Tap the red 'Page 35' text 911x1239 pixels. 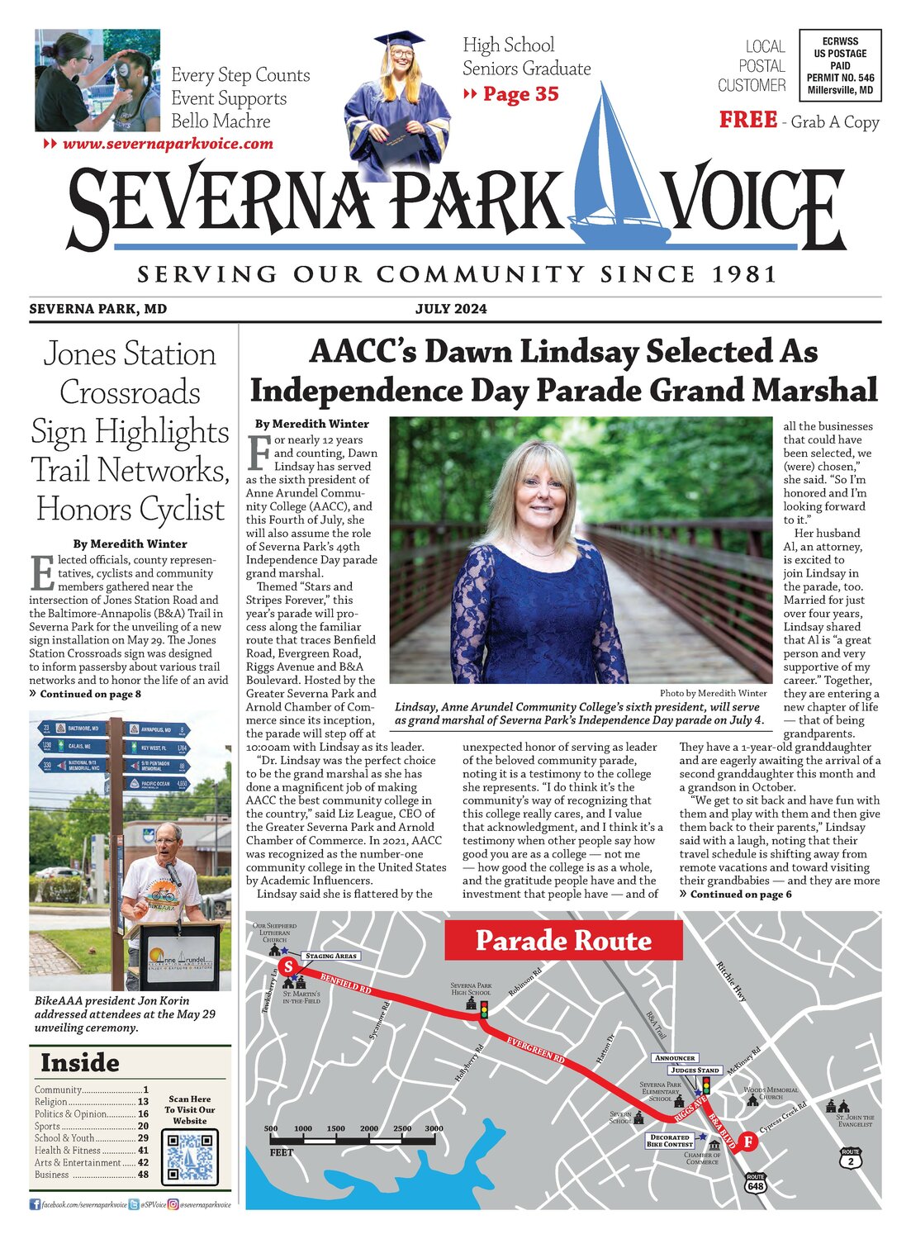[520, 94]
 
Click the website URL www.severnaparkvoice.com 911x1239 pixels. [168, 144]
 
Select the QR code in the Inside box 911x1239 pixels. [190, 1156]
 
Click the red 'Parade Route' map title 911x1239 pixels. [563, 940]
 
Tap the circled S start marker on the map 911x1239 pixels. [287, 966]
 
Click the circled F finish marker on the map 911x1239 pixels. [747, 1142]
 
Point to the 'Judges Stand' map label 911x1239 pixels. [695, 1070]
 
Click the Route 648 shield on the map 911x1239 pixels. [755, 1183]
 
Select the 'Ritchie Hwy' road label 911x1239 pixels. [731, 981]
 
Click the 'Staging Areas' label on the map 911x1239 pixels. [331, 956]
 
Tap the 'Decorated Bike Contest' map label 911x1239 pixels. [670, 1141]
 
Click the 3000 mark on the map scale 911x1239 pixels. [434, 1128]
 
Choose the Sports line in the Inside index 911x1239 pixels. [91, 1126]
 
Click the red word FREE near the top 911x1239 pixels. [747, 121]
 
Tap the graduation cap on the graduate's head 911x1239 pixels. [399, 39]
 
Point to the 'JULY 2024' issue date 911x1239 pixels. [451, 309]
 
